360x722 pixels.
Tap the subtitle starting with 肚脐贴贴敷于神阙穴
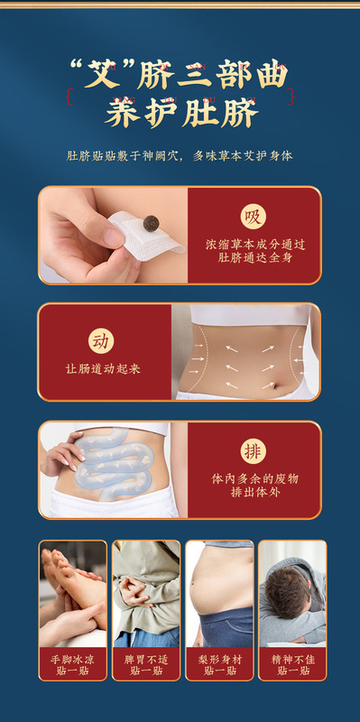click(x=180, y=156)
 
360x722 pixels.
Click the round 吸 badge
click(x=254, y=217)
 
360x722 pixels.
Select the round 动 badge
click(x=102, y=341)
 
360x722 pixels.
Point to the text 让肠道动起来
click(x=103, y=368)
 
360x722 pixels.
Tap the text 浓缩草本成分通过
click(x=254, y=243)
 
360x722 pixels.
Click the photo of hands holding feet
click(x=72, y=591)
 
